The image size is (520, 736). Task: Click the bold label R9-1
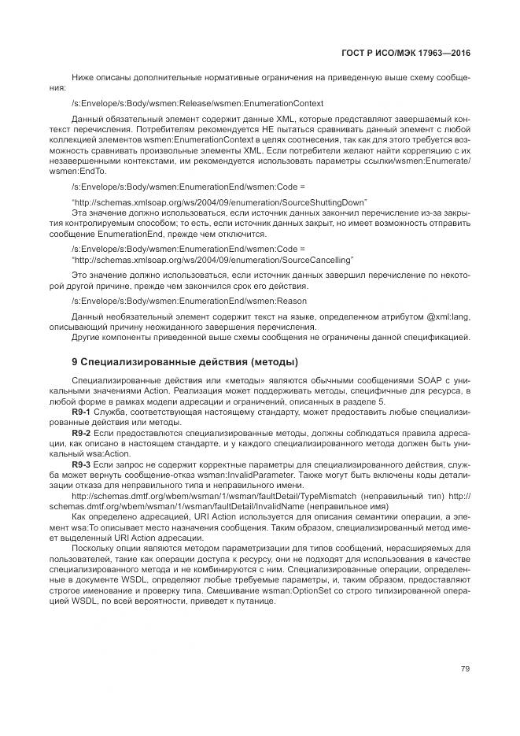point(81,412)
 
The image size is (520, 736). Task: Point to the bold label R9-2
point(81,433)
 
